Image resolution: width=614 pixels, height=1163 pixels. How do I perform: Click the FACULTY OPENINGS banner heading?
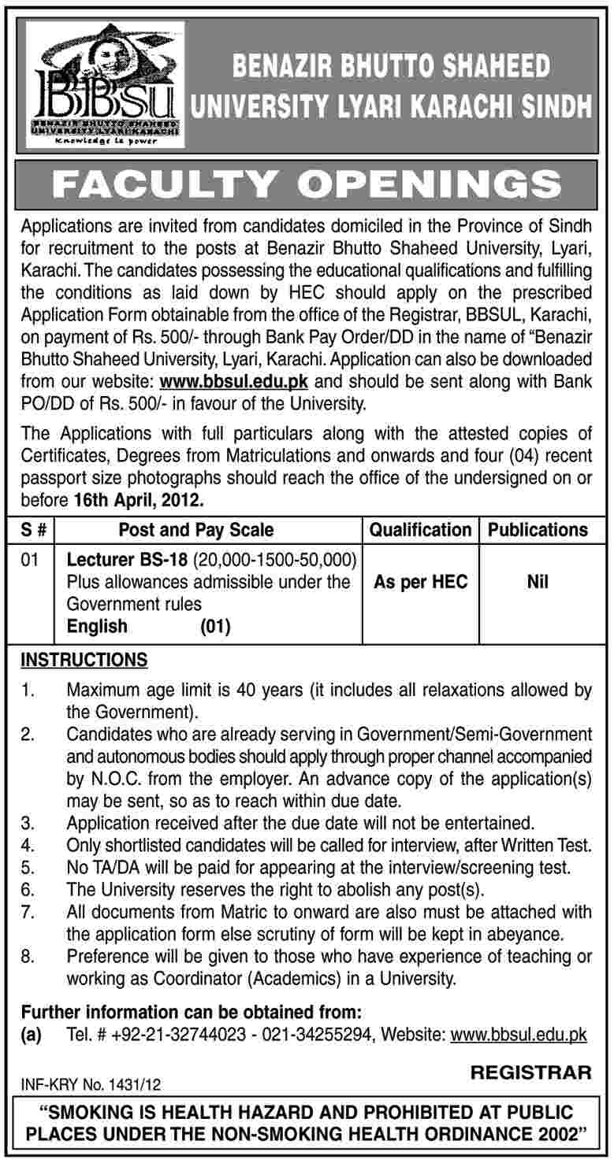[x=307, y=185]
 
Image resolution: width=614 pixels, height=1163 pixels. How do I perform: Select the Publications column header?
[x=538, y=530]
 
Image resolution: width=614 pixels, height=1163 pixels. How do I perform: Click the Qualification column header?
[x=420, y=530]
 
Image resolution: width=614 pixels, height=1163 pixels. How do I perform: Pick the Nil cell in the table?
[x=538, y=583]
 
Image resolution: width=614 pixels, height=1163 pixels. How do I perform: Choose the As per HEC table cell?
[x=420, y=583]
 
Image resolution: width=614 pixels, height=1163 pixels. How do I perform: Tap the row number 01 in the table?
[x=32, y=561]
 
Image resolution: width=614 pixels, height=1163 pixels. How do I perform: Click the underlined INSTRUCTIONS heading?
[x=84, y=659]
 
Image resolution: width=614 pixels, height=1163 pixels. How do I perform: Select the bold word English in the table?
[x=97, y=626]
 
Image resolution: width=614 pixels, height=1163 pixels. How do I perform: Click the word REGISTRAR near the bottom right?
[x=530, y=1072]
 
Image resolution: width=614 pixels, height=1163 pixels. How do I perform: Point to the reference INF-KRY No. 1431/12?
[x=91, y=1085]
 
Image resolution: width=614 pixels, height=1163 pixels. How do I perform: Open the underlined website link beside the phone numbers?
[x=518, y=1035]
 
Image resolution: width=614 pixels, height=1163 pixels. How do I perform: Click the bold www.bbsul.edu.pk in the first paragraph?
[x=233, y=384]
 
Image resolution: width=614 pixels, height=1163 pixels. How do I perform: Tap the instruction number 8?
[x=28, y=957]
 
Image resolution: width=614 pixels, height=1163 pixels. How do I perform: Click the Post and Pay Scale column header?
[x=196, y=530]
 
